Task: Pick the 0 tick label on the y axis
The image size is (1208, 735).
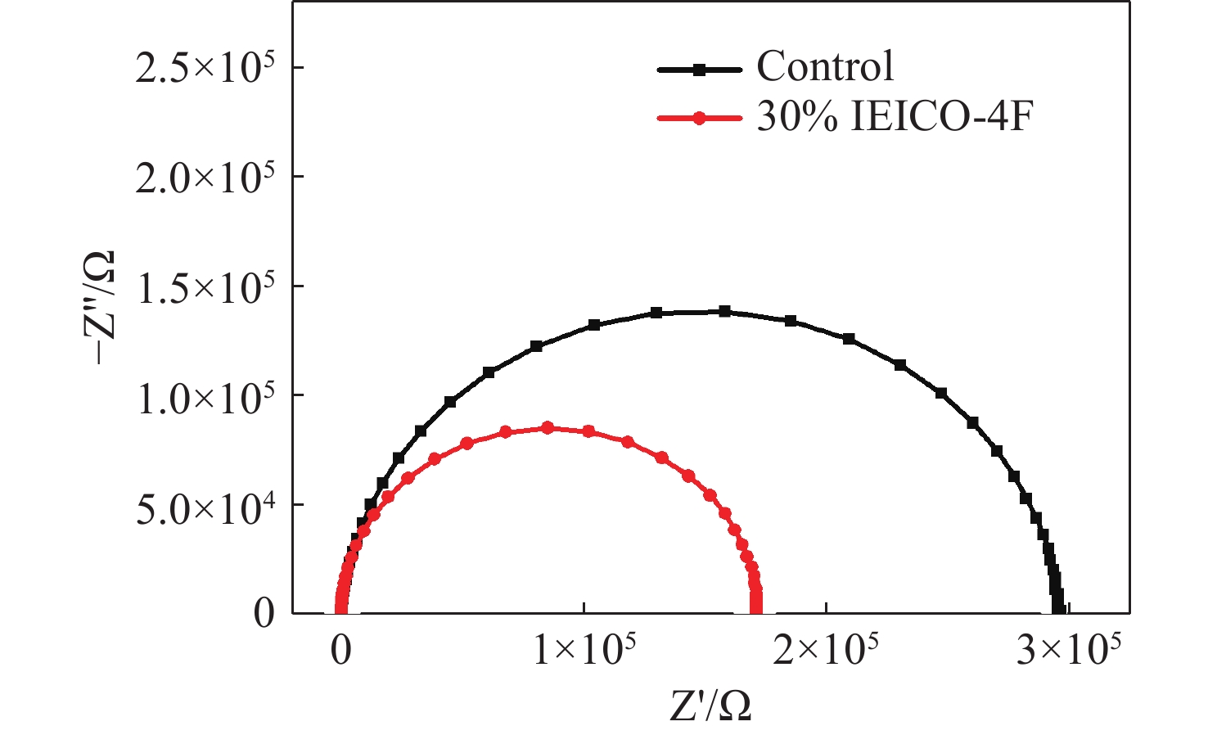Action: point(264,614)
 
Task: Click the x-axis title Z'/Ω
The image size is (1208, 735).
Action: point(710,706)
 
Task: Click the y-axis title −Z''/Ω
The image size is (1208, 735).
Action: point(101,307)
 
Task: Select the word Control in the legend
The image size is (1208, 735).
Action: point(825,67)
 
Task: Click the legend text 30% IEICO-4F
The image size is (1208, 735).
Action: point(895,118)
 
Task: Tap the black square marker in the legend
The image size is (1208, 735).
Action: point(699,70)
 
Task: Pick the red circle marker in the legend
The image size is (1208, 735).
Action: point(699,118)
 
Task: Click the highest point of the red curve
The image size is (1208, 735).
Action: point(548,427)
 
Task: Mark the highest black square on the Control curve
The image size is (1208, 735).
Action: point(724,311)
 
